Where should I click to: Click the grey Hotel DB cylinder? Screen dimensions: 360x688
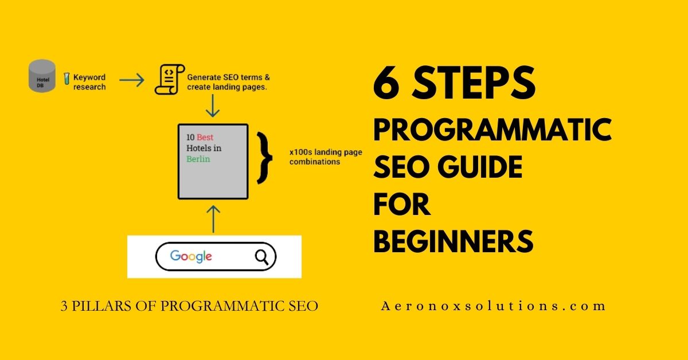(x=42, y=75)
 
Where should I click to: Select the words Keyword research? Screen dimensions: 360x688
(x=89, y=82)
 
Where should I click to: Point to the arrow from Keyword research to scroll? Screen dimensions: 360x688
(x=131, y=80)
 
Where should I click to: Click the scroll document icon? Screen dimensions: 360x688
(x=167, y=80)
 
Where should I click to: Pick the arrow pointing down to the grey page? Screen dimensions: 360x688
(x=213, y=105)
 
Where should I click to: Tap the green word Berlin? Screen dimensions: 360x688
(x=198, y=159)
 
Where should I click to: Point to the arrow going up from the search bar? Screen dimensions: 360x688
(x=213, y=218)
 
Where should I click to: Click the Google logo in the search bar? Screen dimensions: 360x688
(x=191, y=256)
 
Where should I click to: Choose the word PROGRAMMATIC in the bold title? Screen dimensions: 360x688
(x=492, y=131)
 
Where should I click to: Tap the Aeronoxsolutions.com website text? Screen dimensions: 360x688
(x=493, y=306)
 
